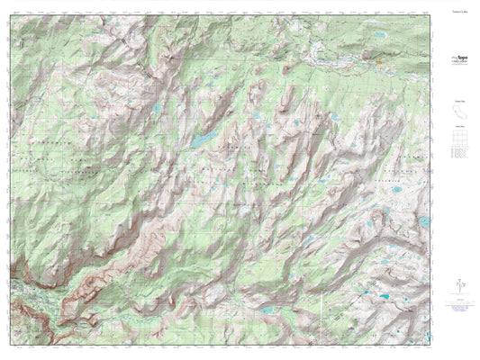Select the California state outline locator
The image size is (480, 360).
(457, 113)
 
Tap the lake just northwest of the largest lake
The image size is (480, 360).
(156, 109)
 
